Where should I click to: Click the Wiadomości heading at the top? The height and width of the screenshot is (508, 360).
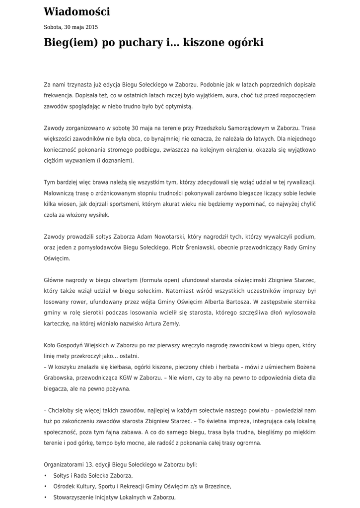click(x=77, y=12)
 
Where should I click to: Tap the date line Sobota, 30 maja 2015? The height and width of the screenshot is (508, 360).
click(x=71, y=27)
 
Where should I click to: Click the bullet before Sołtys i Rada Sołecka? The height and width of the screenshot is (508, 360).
click(x=46, y=476)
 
